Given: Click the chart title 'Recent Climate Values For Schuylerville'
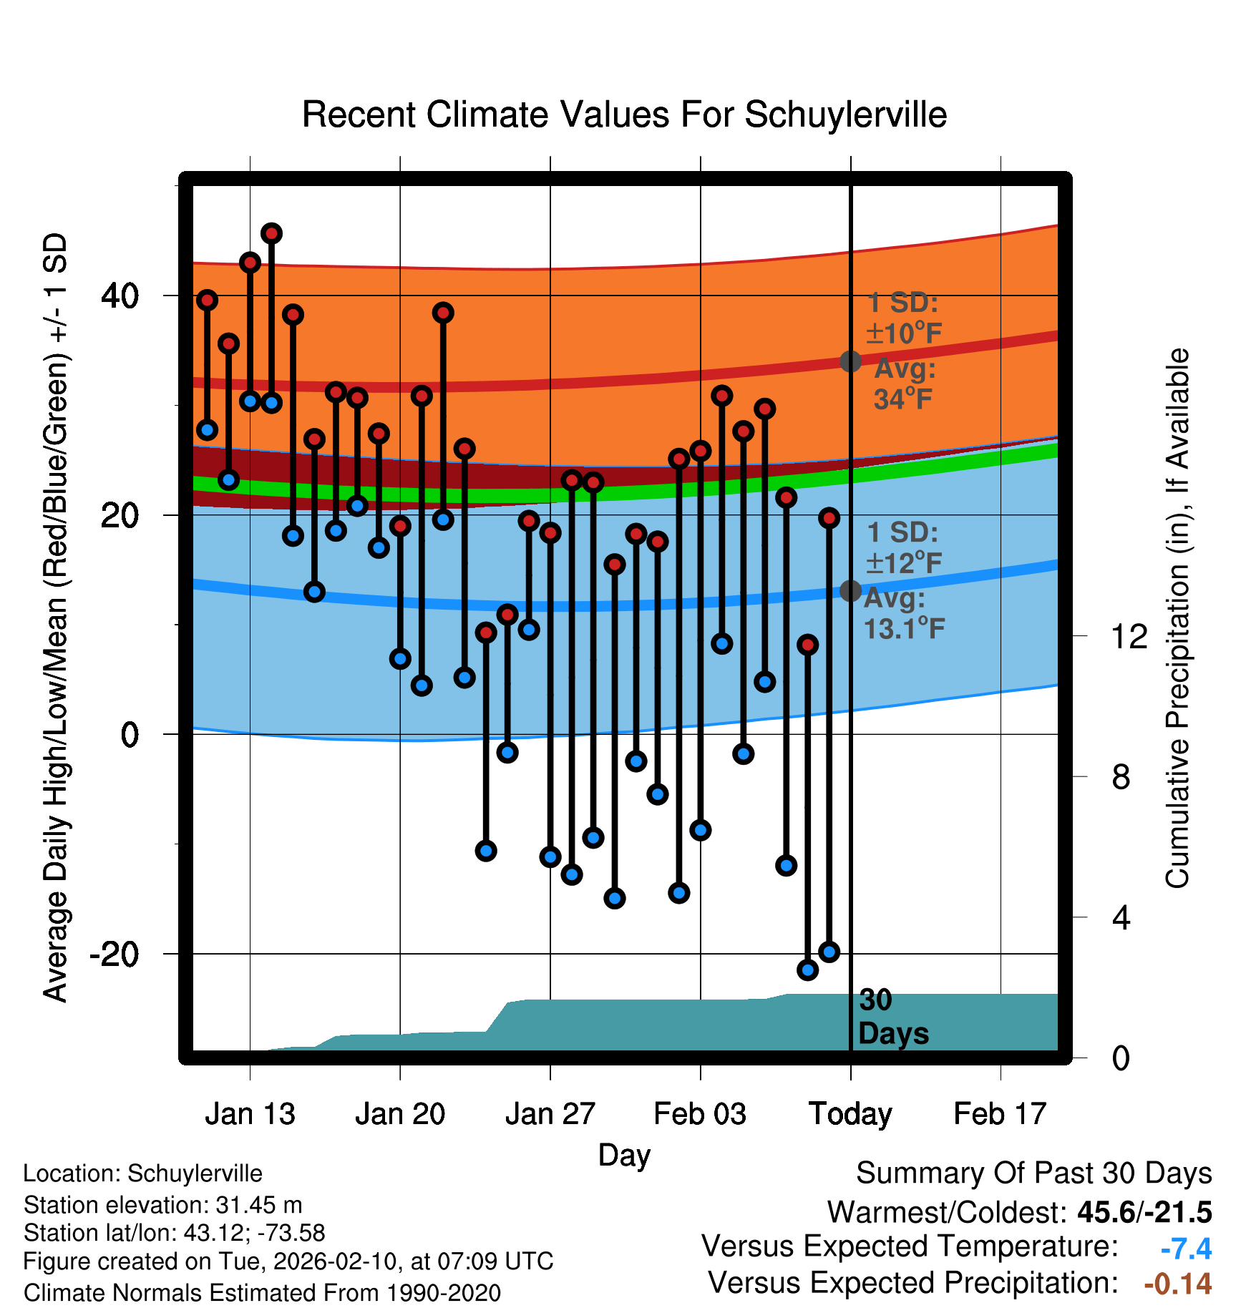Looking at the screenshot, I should (624, 114).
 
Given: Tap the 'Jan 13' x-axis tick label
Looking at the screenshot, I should (250, 1114).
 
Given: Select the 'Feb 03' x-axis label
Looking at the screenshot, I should (700, 1114).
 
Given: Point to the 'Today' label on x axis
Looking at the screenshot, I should (850, 1114).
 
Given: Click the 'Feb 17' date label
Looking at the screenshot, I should (1000, 1114).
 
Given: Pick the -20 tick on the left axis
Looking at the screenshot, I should (114, 954).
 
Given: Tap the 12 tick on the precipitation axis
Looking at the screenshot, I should (1129, 636).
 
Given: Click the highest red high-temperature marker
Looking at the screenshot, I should (271, 233).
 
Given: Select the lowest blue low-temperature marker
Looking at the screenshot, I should (807, 970).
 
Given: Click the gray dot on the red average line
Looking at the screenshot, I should (850, 361).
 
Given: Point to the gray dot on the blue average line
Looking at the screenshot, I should (850, 591).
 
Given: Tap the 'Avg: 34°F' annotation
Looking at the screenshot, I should (905, 384).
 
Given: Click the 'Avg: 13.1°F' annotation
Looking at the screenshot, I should (904, 614).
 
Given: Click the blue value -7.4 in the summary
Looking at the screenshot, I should (1186, 1249).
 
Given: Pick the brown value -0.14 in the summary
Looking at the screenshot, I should (1178, 1284).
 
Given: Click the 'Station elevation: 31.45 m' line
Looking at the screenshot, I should (162, 1205).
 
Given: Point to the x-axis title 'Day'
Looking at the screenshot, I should (624, 1156).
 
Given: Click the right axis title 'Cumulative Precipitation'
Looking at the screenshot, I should (1177, 618).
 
